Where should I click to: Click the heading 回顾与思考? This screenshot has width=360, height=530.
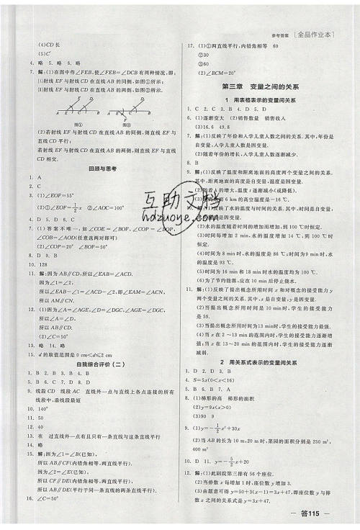tap(100, 168)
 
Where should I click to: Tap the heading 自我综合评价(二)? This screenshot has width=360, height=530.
tap(100, 364)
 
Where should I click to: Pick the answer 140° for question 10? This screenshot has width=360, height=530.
tap(45, 407)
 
